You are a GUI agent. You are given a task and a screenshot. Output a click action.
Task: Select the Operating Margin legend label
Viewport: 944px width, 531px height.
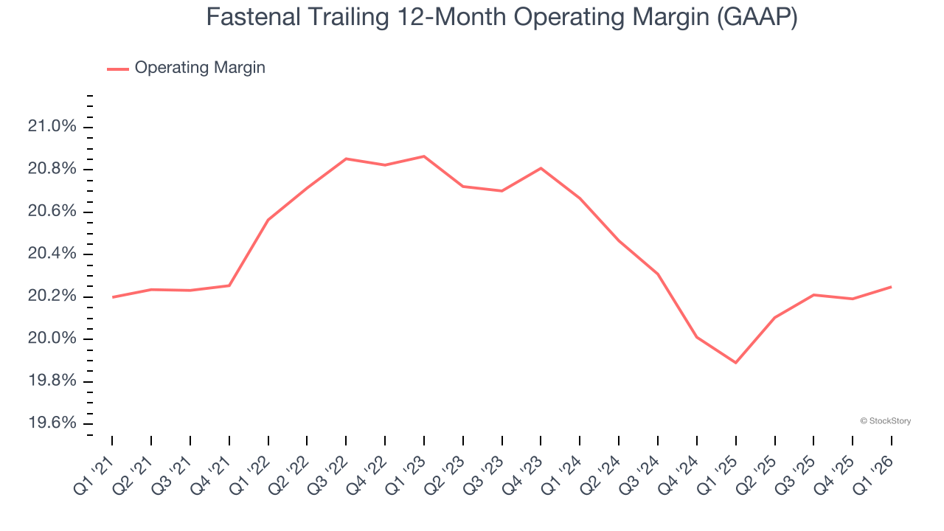point(200,68)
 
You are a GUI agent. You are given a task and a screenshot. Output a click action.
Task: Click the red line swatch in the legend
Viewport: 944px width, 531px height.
point(118,69)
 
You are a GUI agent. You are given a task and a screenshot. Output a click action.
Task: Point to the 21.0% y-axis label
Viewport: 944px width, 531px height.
point(52,127)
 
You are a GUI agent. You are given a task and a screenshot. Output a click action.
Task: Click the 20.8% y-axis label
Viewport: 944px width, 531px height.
point(52,170)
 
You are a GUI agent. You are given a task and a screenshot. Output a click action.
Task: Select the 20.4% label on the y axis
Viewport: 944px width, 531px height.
point(52,254)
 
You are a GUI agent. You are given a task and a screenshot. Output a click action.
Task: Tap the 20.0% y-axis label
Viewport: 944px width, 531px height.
point(52,339)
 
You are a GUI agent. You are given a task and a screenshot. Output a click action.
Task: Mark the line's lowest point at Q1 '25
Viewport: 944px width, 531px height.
point(735,363)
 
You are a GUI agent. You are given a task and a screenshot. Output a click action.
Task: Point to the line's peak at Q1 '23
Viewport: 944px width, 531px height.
point(424,156)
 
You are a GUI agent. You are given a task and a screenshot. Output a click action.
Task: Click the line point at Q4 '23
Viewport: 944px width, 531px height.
point(541,168)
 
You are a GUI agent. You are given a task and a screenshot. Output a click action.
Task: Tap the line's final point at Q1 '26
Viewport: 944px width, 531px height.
point(891,287)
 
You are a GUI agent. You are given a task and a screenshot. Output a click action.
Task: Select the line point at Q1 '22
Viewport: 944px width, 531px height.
point(268,220)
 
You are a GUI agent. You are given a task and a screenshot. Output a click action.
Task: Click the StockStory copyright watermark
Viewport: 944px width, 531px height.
point(885,421)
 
